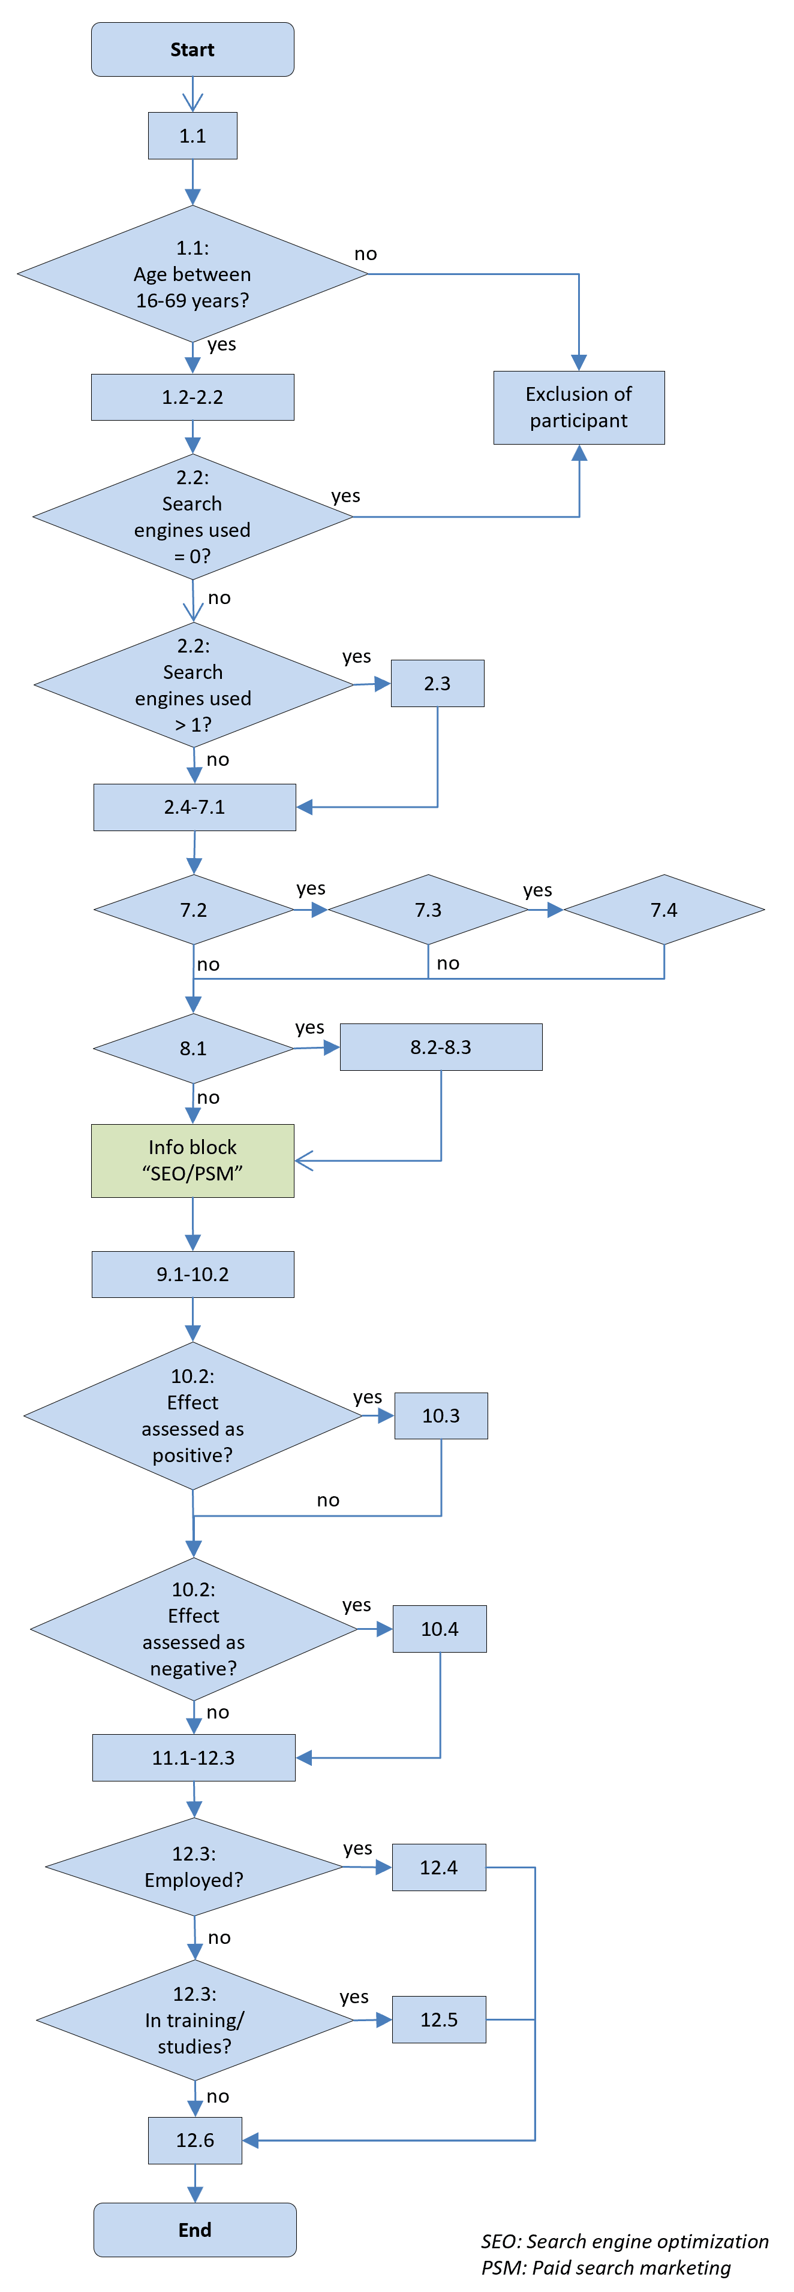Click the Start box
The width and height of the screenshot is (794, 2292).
tap(193, 50)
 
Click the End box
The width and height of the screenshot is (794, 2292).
tap(195, 2229)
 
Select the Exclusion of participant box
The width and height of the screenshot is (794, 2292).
tap(579, 407)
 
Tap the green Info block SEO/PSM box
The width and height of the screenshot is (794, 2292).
tap(193, 1160)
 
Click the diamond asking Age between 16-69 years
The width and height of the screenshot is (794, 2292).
tap(193, 274)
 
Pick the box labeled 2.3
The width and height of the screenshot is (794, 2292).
tap(437, 683)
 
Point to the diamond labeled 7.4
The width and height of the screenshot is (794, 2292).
tap(664, 910)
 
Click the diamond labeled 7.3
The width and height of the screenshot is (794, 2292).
tap(428, 910)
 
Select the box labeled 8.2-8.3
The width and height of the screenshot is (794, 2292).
tap(441, 1047)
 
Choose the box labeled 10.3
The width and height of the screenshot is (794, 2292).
tap(441, 1415)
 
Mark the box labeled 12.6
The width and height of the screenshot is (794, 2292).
tap(195, 2140)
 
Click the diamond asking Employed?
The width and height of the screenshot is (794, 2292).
tap(194, 1867)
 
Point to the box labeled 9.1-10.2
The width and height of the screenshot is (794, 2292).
tap(193, 1274)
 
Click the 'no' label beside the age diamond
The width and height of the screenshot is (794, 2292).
tap(366, 253)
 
